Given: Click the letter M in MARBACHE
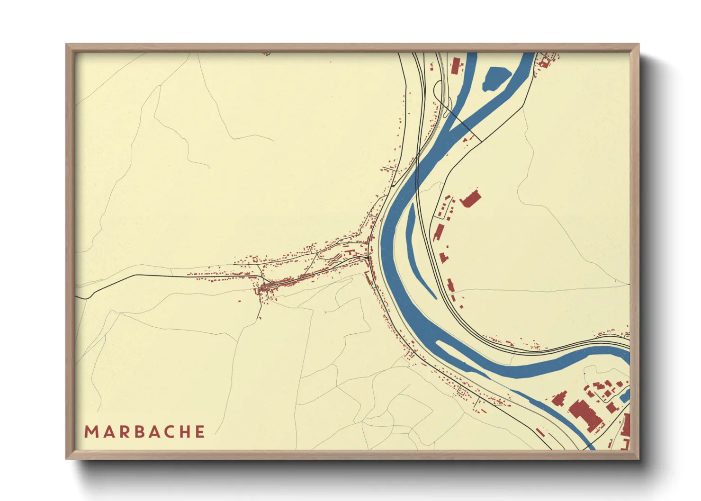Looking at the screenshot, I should pos(90,432).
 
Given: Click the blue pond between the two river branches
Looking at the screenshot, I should pos(495,78).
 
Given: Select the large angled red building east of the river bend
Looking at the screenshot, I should pos(470,199).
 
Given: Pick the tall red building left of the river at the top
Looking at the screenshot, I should pos(456,65).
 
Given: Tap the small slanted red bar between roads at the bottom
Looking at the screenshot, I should pos(540,432).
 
